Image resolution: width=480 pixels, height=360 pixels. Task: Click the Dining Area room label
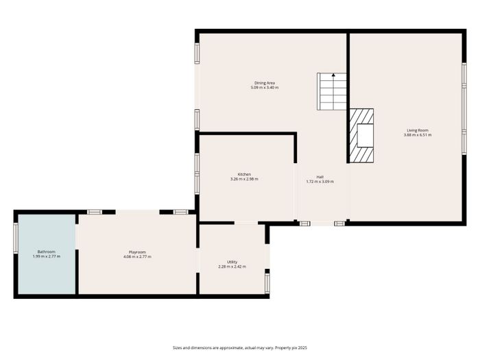click(265, 83)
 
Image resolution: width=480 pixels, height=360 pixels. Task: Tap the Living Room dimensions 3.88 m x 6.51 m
click(418, 135)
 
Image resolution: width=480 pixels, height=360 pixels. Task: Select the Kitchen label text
click(244, 174)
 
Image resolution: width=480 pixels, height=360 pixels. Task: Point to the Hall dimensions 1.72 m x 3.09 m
click(320, 182)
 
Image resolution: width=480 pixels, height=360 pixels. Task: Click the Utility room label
click(232, 262)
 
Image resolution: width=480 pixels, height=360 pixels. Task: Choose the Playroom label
click(137, 252)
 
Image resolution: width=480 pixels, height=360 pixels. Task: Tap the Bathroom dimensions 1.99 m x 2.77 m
click(47, 256)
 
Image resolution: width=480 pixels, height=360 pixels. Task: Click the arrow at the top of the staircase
click(333, 75)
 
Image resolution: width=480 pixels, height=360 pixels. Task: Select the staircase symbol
click(331, 91)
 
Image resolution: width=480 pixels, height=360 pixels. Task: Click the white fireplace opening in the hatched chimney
click(365, 136)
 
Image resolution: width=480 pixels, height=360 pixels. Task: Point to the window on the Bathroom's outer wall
click(16, 238)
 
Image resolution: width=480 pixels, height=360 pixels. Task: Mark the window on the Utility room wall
click(267, 283)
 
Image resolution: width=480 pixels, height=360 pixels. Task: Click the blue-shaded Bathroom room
click(47, 254)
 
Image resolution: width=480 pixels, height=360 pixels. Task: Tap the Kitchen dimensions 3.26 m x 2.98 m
click(244, 179)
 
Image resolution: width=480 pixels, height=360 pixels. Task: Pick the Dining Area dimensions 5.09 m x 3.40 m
click(265, 88)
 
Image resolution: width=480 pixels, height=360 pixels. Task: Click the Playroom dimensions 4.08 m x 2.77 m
click(137, 257)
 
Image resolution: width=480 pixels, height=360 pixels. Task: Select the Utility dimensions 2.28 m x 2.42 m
click(232, 267)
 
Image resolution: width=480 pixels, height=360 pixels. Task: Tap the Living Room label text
click(418, 130)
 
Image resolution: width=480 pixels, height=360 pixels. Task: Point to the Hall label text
click(320, 177)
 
